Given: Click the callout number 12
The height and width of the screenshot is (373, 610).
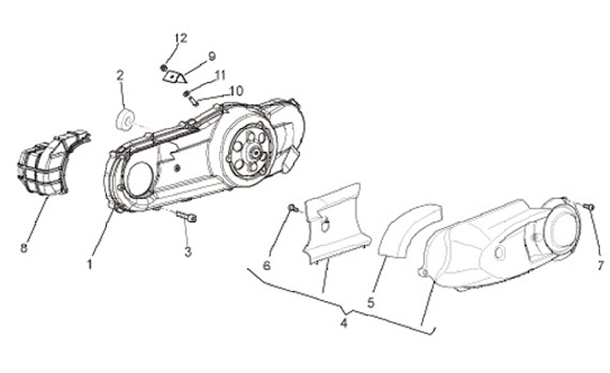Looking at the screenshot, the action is coord(181,38).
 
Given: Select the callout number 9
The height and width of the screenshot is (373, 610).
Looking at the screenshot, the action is coord(212,56).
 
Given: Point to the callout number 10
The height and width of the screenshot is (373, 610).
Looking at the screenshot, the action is coord(236,90).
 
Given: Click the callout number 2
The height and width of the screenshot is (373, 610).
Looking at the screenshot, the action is coord(120,75).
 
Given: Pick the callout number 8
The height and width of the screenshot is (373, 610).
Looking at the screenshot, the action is coord(24,248).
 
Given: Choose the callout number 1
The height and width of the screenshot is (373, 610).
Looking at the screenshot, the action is coord(89,264).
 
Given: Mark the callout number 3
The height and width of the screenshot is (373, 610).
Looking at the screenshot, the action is coord(189,252).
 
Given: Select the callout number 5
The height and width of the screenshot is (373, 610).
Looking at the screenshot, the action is coord(370,301).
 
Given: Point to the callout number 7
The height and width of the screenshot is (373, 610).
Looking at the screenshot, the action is coord(600,264).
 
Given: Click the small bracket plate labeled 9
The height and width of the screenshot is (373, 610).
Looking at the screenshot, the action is coord(175,75).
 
